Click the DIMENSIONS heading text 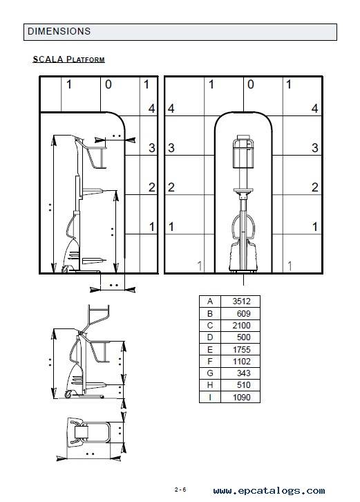click(x=59, y=31)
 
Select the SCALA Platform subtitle click(x=69, y=59)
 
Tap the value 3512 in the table click(x=241, y=301)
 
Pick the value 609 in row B click(x=243, y=313)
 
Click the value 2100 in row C click(x=241, y=325)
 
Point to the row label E click(x=210, y=349)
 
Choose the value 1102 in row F click(x=241, y=362)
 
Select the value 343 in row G click(x=243, y=373)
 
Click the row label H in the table click(x=210, y=385)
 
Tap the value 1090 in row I click(x=241, y=398)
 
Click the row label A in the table click(x=210, y=301)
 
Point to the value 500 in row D click(x=243, y=337)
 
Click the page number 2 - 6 click(x=180, y=490)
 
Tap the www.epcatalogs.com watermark click(x=269, y=490)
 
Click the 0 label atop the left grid click(x=108, y=84)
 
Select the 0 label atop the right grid click(x=251, y=84)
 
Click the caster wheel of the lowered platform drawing click(x=68, y=395)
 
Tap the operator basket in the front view click(x=243, y=151)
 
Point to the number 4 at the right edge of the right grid click(x=315, y=109)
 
